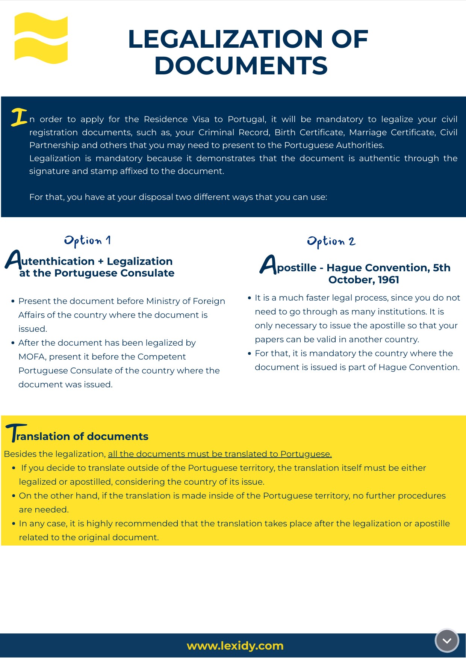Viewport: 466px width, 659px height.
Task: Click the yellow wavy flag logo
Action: point(41,38)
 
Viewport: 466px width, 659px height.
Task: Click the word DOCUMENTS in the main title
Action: point(241,66)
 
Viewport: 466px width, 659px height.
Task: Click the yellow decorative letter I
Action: point(19,117)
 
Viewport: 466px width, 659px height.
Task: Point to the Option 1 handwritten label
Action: point(87,240)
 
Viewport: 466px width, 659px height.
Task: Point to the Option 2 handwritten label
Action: point(331,241)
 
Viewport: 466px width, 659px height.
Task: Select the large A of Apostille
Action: point(268,265)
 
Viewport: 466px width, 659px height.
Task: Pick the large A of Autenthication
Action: point(13,260)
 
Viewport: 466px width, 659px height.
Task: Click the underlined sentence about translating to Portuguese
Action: point(220,454)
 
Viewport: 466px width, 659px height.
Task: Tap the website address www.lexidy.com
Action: point(235,646)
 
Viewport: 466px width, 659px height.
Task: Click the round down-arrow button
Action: point(447,641)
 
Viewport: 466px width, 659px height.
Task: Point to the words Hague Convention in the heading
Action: point(378,268)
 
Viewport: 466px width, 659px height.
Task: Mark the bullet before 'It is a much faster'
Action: point(249,298)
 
